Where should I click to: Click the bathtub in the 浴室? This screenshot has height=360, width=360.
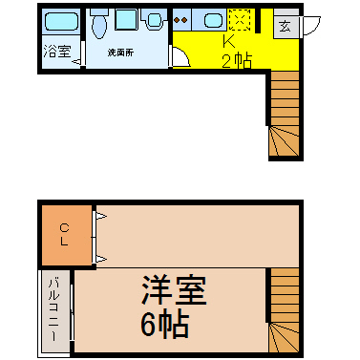click(x=61, y=22)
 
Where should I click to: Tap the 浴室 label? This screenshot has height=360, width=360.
click(x=57, y=51)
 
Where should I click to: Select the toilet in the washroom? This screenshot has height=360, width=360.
click(x=98, y=23)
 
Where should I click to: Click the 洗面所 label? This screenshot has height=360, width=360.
click(x=120, y=53)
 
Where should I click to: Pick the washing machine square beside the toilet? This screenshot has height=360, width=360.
click(x=126, y=20)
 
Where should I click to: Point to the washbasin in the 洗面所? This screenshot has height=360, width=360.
click(x=155, y=19)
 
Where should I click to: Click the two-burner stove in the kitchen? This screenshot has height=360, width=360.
click(x=181, y=20)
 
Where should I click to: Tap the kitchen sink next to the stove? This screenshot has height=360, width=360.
click(x=213, y=21)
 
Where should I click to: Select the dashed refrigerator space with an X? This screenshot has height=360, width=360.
click(x=240, y=20)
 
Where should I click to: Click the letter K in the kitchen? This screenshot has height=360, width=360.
click(x=228, y=40)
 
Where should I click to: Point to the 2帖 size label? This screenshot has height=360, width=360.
click(x=237, y=60)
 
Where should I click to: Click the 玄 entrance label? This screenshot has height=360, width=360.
click(x=285, y=27)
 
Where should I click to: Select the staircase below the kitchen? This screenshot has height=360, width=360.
click(x=285, y=114)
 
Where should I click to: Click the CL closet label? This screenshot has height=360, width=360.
click(x=64, y=234)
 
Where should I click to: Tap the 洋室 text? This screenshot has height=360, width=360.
click(x=174, y=290)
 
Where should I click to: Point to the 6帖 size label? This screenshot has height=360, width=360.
click(x=165, y=325)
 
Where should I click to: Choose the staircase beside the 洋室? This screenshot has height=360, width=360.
click(x=285, y=310)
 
